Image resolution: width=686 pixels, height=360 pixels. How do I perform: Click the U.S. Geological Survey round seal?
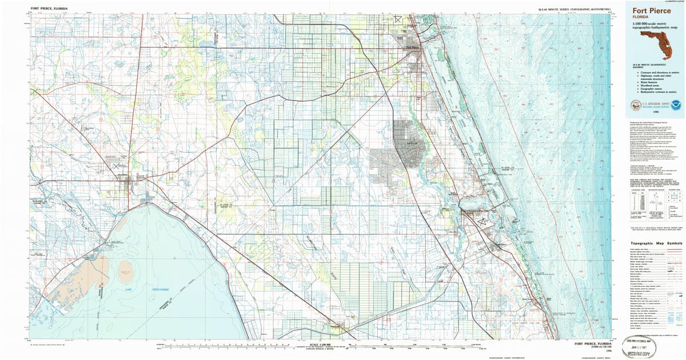pos(636,105)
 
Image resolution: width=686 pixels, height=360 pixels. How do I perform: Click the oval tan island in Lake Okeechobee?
pos(126,268)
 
